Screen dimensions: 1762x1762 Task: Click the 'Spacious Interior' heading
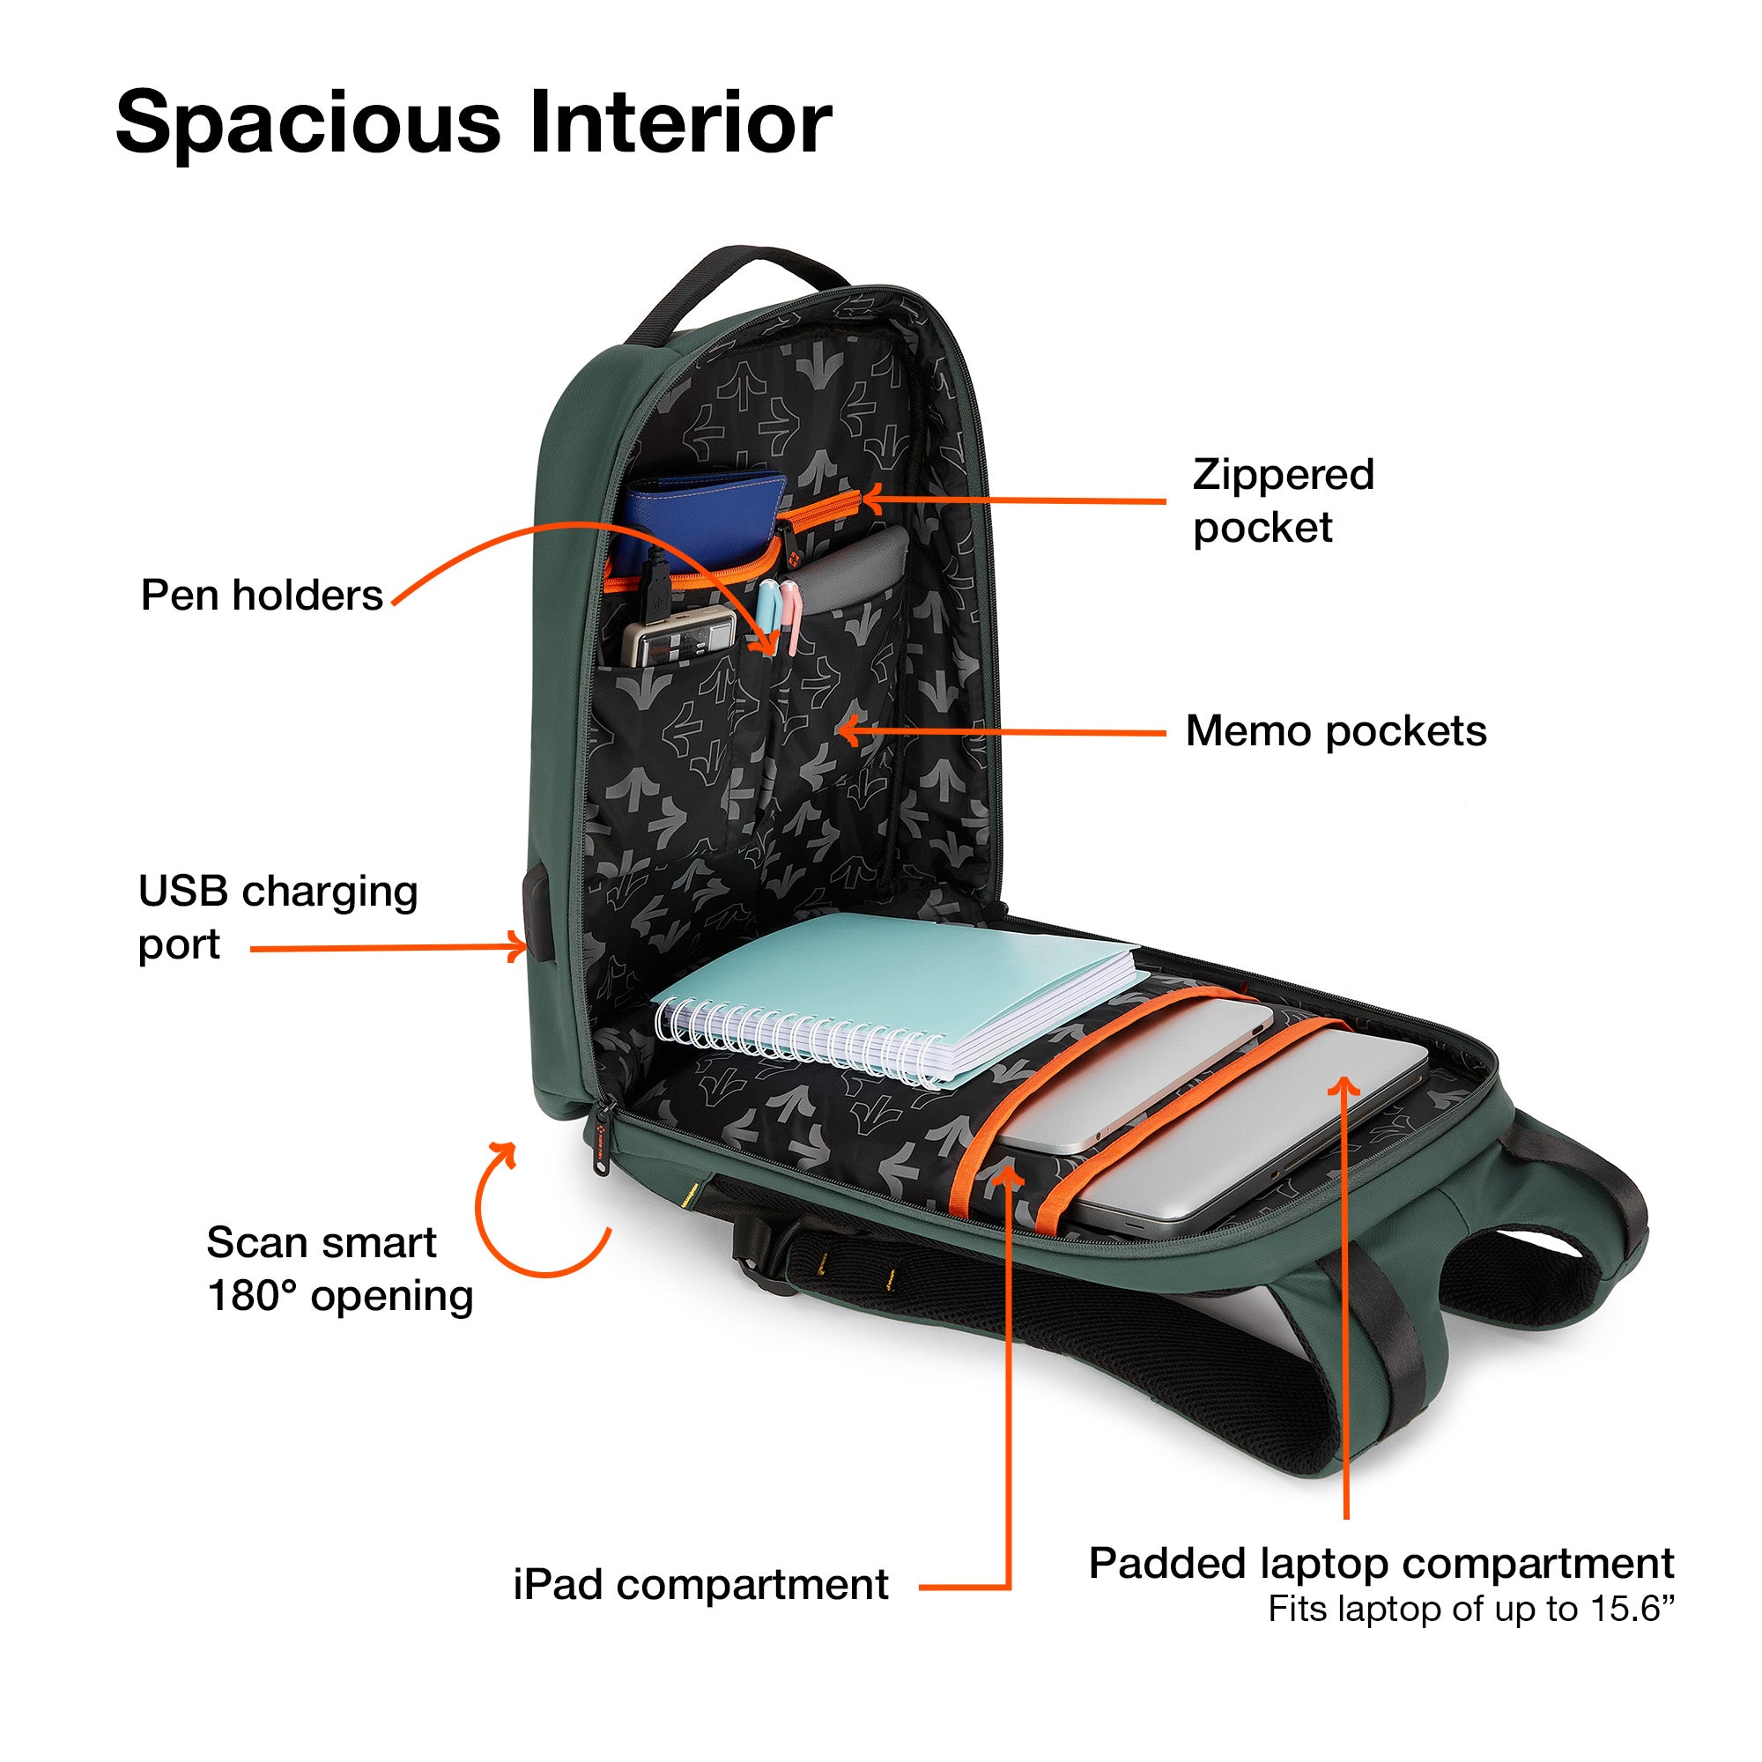coord(473,122)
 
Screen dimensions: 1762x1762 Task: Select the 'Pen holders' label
coord(262,595)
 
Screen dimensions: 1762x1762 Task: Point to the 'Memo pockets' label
coord(1336,730)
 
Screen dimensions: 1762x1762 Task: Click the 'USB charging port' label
coord(278,916)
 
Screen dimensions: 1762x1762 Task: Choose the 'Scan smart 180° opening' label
coord(339,1269)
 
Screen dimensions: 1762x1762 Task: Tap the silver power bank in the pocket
coord(679,633)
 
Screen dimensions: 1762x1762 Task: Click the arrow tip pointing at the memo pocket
coord(839,729)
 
